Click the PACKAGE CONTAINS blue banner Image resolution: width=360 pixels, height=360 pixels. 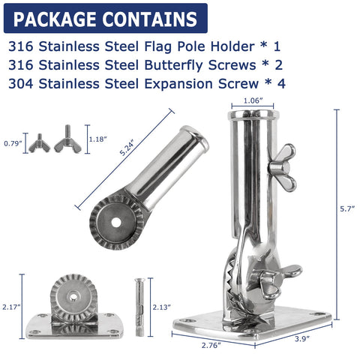106,18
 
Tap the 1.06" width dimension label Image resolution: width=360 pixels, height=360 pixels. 253,100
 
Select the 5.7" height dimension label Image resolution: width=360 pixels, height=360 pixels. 347,208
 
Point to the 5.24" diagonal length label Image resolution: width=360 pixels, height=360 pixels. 128,148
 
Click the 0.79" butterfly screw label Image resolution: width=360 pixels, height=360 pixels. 13,143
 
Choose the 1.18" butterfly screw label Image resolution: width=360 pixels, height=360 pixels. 98,139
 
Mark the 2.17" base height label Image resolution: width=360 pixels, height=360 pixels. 11,307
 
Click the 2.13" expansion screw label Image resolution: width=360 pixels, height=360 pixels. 162,307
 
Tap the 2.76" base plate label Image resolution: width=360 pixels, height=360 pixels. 211,345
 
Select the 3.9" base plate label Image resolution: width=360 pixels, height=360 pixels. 302,339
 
